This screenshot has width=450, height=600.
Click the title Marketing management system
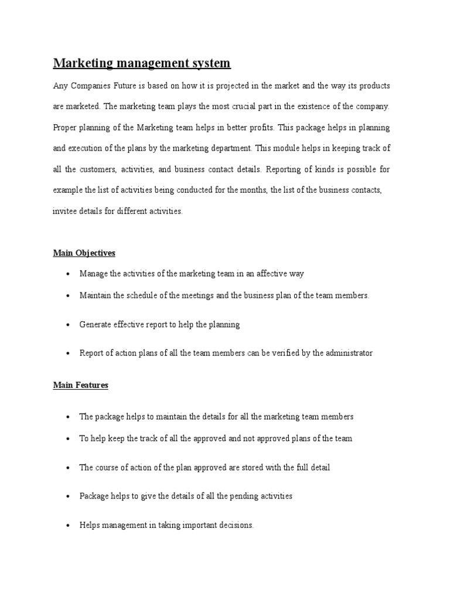click(142, 63)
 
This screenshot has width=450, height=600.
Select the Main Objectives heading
click(84, 253)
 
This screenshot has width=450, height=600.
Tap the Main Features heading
click(80, 386)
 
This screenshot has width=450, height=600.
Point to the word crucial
click(265, 107)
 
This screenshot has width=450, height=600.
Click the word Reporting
click(284, 170)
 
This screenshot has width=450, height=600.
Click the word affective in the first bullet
click(269, 274)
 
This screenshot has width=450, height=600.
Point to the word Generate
click(96, 325)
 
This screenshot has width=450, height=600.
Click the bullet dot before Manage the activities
click(69, 274)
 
